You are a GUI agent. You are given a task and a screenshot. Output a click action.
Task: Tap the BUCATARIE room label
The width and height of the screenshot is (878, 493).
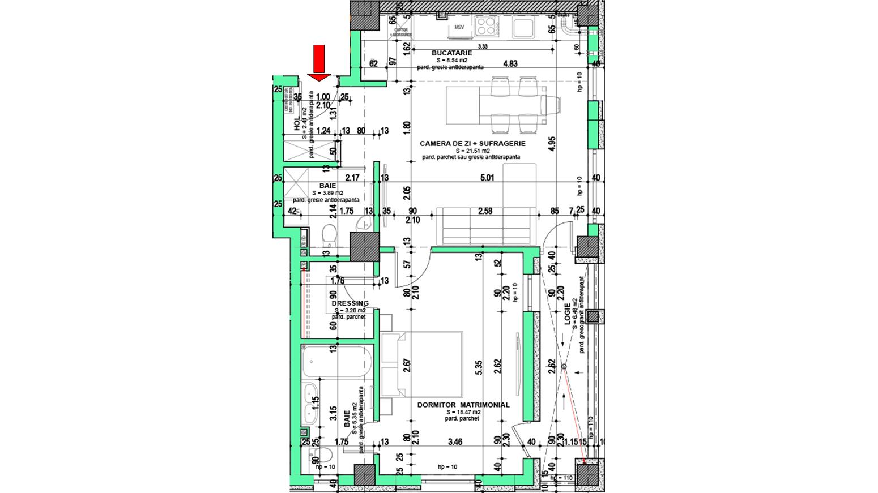(x=451, y=53)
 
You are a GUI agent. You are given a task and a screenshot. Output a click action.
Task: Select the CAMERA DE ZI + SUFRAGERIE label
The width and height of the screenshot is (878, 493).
(x=472, y=144)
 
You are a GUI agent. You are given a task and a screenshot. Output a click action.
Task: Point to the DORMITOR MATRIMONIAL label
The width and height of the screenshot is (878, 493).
(x=463, y=405)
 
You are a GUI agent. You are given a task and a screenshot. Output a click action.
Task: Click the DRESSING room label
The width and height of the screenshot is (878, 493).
(x=350, y=303)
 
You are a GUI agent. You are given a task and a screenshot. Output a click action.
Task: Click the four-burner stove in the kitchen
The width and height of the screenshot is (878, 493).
(x=486, y=25)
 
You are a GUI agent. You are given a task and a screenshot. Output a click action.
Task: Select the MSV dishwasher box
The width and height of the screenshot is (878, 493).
(x=459, y=27)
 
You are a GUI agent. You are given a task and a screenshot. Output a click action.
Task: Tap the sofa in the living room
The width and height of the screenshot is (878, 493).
(x=486, y=225)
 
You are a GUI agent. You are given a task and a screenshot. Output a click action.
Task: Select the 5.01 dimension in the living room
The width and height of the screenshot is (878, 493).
(x=487, y=178)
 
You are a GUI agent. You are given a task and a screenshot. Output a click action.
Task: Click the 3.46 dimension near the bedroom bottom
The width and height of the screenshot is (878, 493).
(x=455, y=441)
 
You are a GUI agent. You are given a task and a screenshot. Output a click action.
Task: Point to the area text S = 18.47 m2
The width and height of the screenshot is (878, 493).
(x=463, y=413)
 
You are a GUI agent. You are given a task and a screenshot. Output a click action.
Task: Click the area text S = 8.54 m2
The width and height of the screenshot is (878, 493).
(x=451, y=60)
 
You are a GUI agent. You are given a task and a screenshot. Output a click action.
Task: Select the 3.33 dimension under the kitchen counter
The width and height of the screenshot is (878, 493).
(x=483, y=46)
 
